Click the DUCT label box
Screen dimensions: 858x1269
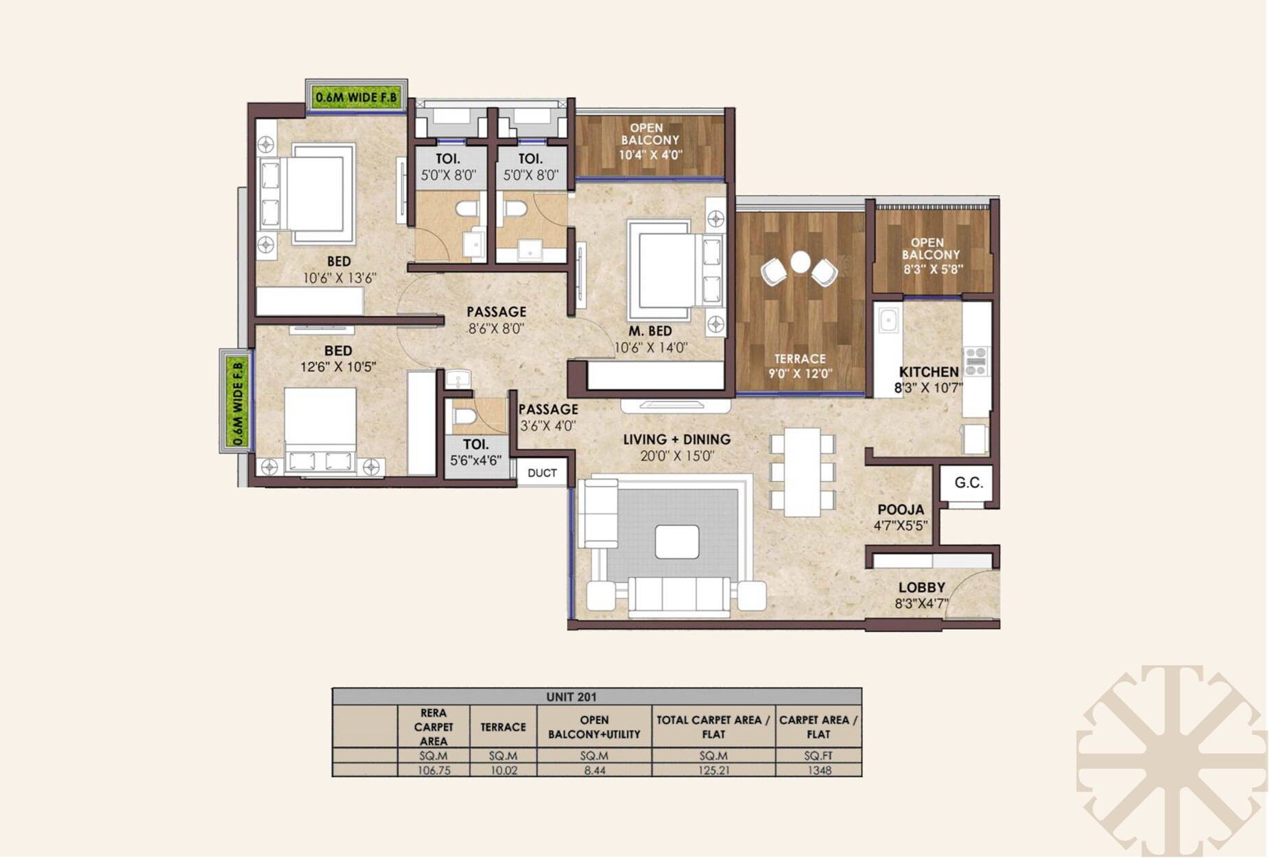[542, 473]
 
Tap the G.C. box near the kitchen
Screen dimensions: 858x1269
[968, 483]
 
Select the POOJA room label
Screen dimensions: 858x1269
[901, 510]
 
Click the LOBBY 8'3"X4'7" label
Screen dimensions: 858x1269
[921, 595]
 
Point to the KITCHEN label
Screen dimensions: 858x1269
[929, 372]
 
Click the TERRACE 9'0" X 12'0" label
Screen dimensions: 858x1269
[800, 366]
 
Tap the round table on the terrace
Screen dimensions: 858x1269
[800, 262]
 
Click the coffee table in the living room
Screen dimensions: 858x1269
[676, 542]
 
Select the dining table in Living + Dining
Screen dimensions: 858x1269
[802, 472]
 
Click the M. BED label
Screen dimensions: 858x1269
[650, 331]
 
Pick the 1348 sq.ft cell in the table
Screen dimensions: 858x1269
[818, 770]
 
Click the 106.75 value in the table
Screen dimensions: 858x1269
[434, 770]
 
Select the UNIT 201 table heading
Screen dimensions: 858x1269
[571, 697]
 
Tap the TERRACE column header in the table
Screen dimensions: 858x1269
[503, 727]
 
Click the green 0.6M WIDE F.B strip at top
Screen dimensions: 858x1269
[356, 97]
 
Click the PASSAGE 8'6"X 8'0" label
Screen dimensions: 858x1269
[496, 320]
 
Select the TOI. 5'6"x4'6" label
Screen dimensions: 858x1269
[475, 452]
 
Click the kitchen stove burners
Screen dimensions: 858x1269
[976, 361]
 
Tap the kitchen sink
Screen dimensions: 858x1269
[888, 320]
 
